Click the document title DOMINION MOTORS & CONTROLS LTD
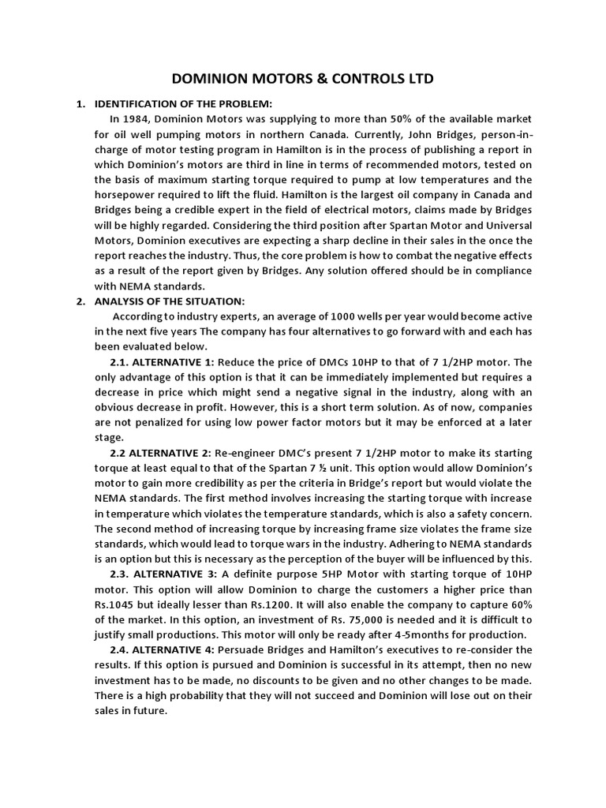click(302, 79)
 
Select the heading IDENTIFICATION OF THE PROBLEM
click(183, 104)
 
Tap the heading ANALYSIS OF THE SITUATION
click(170, 301)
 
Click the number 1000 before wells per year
click(333, 316)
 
